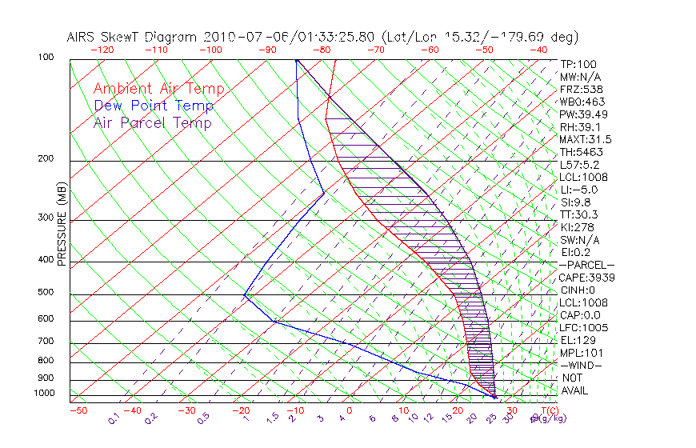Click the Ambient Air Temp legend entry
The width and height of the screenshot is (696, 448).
coord(158,89)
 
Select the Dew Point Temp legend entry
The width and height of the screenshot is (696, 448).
coord(154,106)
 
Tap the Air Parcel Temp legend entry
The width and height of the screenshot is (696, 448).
coord(152,122)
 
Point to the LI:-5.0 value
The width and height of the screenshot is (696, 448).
coord(578,190)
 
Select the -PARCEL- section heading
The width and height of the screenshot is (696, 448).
coord(586,265)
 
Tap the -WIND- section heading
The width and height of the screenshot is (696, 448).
coord(582,365)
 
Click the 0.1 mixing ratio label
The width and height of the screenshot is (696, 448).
coord(114,417)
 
